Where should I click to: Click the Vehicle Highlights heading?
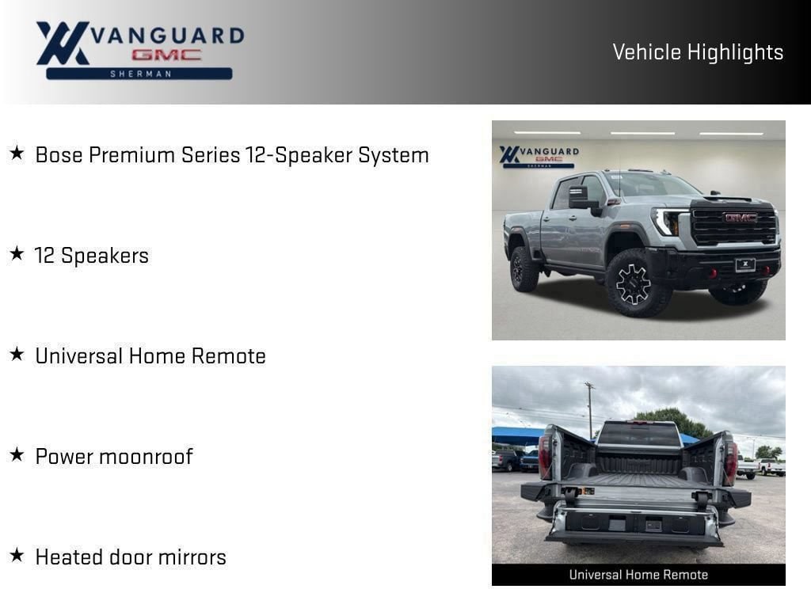pos(698,52)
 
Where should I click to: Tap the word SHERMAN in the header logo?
pos(141,74)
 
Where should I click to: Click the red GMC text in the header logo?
pos(166,55)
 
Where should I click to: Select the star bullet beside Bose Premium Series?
pos(17,153)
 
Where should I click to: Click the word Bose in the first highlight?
pos(59,155)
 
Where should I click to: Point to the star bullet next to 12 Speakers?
pos(17,253)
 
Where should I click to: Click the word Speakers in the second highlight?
pos(105,256)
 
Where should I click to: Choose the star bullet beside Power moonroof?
pos(17,454)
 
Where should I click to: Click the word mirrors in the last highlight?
pos(192,557)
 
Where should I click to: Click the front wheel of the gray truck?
pos(636,283)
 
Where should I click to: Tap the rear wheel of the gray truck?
pos(523,269)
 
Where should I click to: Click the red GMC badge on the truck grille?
pos(741,218)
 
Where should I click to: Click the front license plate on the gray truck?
pos(745,265)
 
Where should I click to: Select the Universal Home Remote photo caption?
pos(638,575)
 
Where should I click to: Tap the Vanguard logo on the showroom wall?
pos(539,157)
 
